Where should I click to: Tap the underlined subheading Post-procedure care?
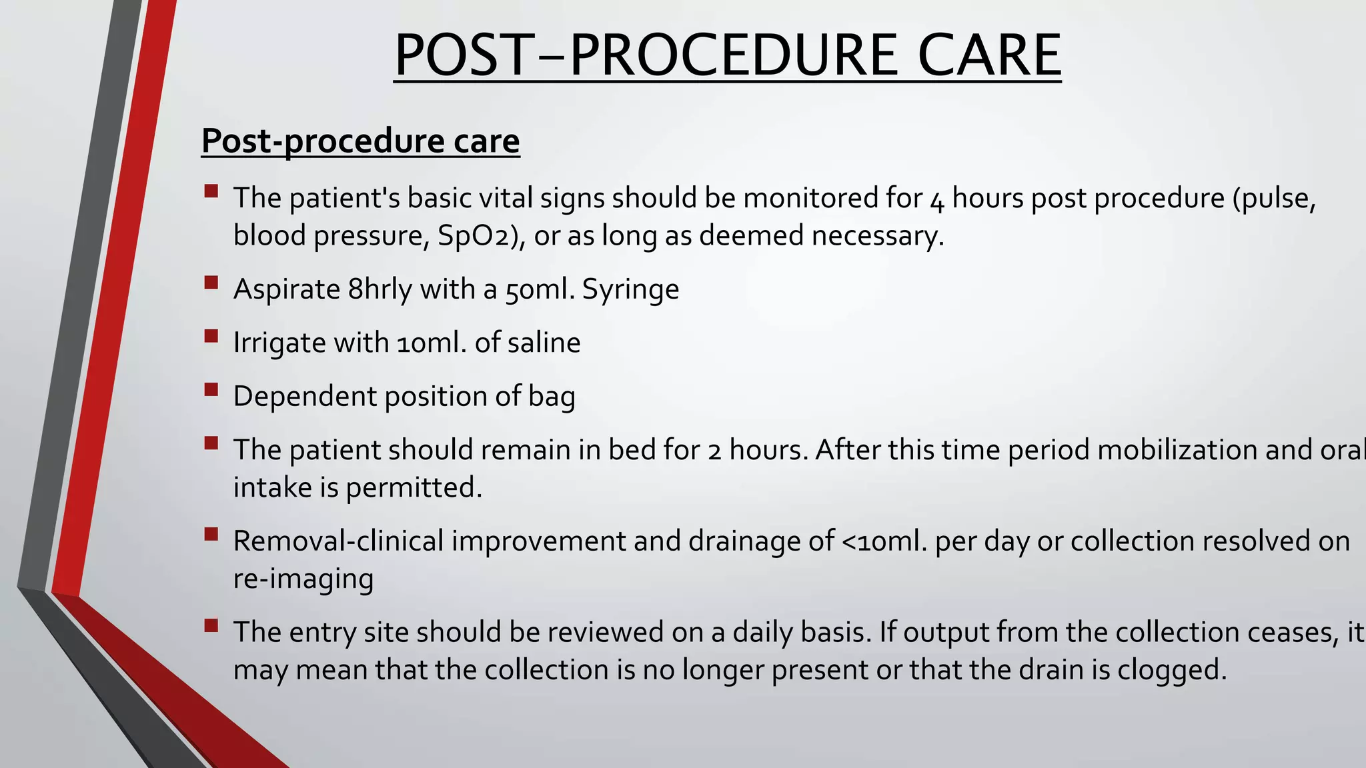[x=360, y=141]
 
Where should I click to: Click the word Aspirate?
[x=287, y=289]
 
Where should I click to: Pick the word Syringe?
[x=630, y=289]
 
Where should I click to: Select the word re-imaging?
[x=303, y=579]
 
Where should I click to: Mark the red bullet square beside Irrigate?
[x=211, y=336]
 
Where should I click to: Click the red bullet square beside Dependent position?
[x=211, y=389]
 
